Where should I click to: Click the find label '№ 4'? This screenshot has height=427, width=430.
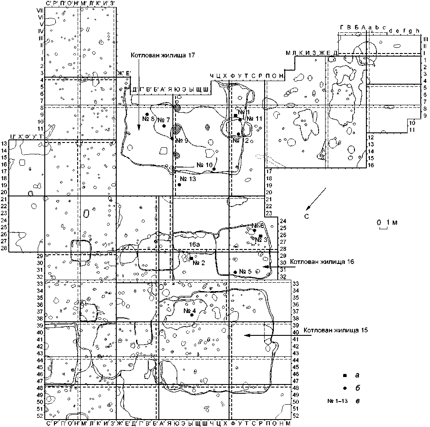click(190, 310)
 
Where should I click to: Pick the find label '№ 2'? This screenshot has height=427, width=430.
click(200, 263)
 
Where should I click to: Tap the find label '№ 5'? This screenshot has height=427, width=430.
click(245, 271)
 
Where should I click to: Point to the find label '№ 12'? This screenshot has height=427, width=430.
click(241, 140)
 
